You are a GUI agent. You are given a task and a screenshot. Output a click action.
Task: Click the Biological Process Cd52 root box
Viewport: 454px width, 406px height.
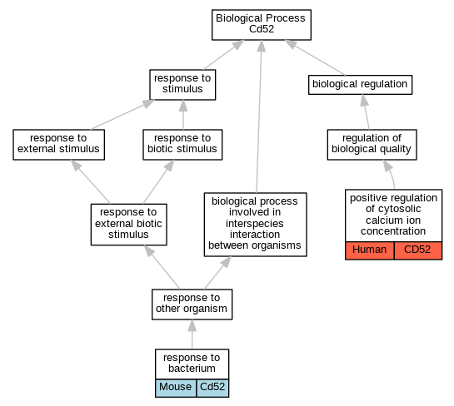tap(262, 25)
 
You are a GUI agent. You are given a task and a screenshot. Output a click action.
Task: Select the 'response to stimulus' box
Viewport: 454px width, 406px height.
tap(182, 85)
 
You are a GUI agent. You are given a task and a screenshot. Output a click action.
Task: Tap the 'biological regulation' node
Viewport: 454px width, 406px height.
tap(360, 85)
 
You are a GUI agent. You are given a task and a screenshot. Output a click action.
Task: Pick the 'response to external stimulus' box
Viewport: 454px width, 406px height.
tap(59, 145)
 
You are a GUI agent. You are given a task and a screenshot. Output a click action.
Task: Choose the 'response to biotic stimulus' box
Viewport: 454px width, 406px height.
tap(182, 145)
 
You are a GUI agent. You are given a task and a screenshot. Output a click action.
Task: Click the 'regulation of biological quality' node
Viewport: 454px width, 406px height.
tap(372, 145)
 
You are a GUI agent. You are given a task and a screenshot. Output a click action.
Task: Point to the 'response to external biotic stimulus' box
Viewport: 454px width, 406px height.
tap(128, 225)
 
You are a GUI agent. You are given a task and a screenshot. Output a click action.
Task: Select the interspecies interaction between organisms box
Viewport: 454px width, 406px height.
tap(255, 225)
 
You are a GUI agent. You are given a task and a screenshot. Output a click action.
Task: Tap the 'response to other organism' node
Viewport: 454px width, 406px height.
tap(192, 304)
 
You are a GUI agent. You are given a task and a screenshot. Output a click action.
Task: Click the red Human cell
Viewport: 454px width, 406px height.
tap(370, 250)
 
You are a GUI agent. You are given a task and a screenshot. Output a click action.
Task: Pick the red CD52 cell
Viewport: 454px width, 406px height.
tap(418, 250)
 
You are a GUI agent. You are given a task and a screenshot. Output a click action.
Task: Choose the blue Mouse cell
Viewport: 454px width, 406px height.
tap(176, 388)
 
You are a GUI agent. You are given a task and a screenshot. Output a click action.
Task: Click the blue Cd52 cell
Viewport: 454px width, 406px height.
tap(212, 388)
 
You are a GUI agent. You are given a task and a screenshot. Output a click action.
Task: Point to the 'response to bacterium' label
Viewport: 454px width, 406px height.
tap(192, 364)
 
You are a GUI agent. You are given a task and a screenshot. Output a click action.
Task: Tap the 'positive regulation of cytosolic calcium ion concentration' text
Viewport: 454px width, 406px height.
tap(393, 215)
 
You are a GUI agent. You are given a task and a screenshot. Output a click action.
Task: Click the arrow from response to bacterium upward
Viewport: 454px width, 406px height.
tap(192, 334)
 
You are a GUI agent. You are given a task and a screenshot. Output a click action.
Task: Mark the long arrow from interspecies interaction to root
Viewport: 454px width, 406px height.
tap(259, 116)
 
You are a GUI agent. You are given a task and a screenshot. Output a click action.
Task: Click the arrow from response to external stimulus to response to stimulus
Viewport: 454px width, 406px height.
tap(122, 115)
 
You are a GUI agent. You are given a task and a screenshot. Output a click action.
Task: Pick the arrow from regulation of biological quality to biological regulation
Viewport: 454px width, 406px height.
tap(366, 112)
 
